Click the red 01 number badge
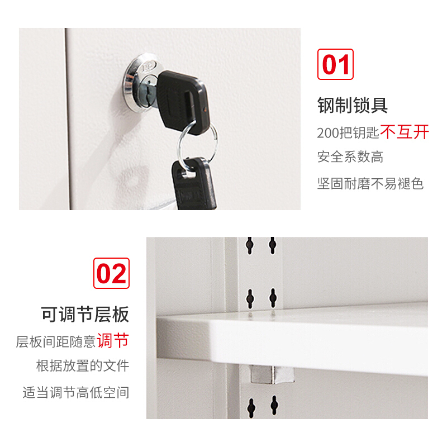(x=335, y=64)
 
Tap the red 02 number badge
(x=111, y=273)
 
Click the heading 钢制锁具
(x=353, y=105)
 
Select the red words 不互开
(x=405, y=132)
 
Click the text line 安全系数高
(x=350, y=156)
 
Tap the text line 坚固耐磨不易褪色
(x=370, y=183)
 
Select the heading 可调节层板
(x=85, y=314)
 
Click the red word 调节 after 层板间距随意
(x=113, y=340)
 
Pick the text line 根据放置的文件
(x=83, y=365)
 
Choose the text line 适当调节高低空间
(x=76, y=392)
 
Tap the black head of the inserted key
(x=183, y=102)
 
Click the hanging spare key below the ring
(x=194, y=185)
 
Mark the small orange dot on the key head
(x=205, y=109)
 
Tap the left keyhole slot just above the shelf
(x=250, y=298)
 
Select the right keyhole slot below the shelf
(x=274, y=405)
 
